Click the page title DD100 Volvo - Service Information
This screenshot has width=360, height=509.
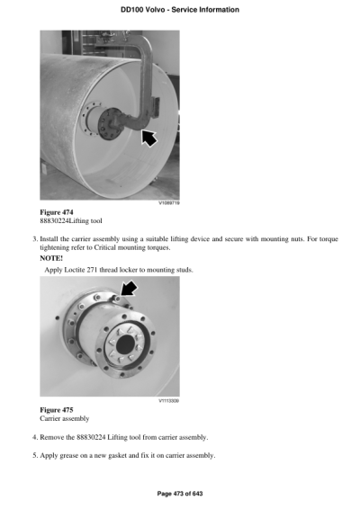pyautogui.click(x=179, y=9)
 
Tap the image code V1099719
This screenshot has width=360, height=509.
pyautogui.click(x=167, y=202)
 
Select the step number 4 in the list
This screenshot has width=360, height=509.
pyautogui.click(x=32, y=437)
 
